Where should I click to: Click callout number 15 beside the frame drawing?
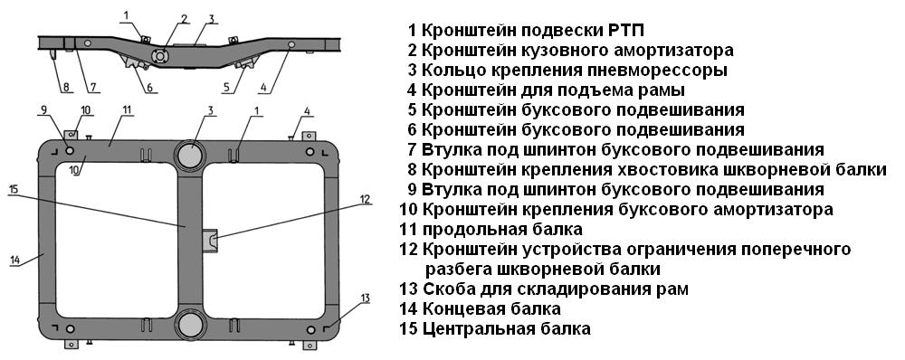click(x=14, y=189)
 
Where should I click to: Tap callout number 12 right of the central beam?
click(x=365, y=199)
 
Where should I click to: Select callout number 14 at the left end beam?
click(x=15, y=261)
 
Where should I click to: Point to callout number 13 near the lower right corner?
click(x=365, y=298)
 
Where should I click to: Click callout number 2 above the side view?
click(x=184, y=18)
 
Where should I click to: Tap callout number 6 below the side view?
click(x=149, y=88)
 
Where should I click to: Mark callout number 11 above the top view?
click(x=128, y=109)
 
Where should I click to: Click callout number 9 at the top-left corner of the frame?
click(x=43, y=109)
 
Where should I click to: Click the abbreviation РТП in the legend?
click(x=626, y=30)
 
